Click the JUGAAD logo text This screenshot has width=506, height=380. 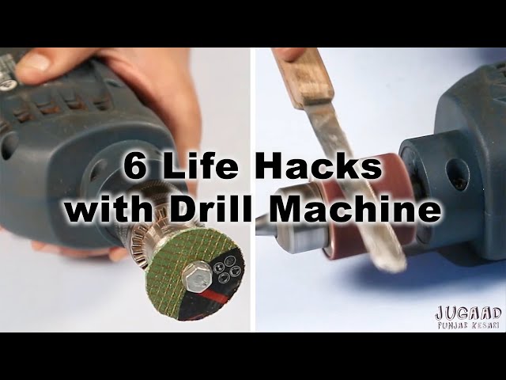[x=469, y=313]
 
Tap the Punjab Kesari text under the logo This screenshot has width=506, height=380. [x=469, y=325]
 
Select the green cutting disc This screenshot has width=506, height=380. [x=194, y=274]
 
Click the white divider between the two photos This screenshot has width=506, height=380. [x=253, y=190]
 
